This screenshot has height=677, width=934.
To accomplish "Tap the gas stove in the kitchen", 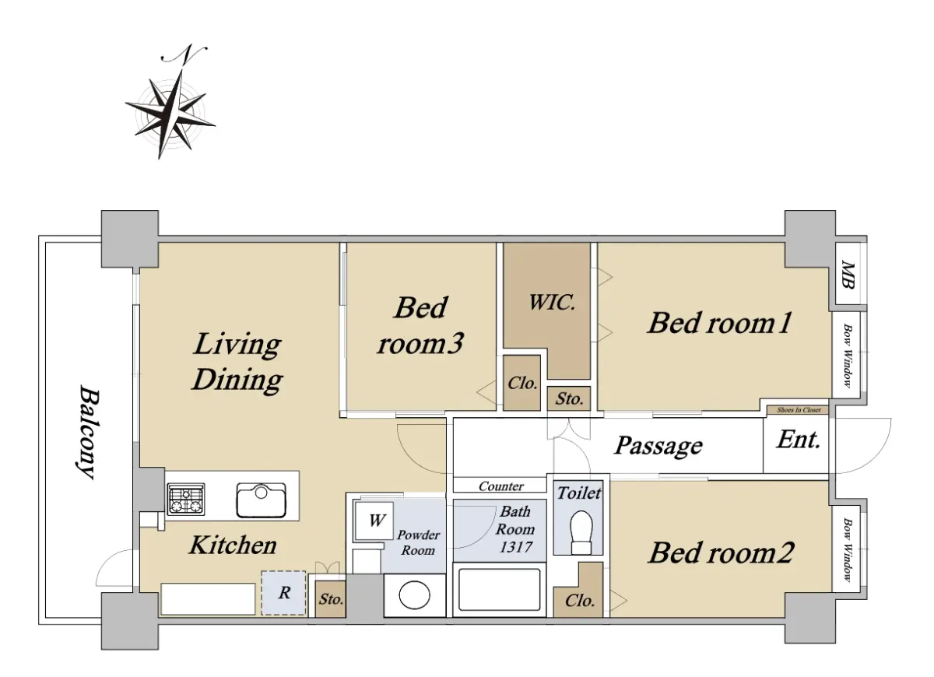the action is pyautogui.click(x=186, y=499).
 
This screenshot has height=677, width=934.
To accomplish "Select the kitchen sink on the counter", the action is pyautogui.click(x=262, y=500).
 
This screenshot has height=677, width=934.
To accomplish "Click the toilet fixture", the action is pyautogui.click(x=581, y=532).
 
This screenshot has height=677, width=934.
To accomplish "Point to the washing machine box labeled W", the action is pyautogui.click(x=374, y=521).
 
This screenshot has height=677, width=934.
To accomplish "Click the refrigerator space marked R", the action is pyautogui.click(x=284, y=593).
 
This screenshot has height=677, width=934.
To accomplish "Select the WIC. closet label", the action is pyautogui.click(x=552, y=302).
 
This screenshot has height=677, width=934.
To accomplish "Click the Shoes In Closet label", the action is pyautogui.click(x=799, y=410).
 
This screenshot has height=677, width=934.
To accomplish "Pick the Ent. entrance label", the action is pyautogui.click(x=798, y=440).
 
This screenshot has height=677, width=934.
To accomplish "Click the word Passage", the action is pyautogui.click(x=658, y=447).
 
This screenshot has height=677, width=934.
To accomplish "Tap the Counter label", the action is pyautogui.click(x=500, y=486).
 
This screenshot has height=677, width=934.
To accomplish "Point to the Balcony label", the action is pyautogui.click(x=89, y=433).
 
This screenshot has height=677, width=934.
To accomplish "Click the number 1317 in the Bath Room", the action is pyautogui.click(x=516, y=547).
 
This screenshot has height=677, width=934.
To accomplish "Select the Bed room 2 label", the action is pyautogui.click(x=721, y=553).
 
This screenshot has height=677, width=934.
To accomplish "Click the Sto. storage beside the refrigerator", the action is pyautogui.click(x=331, y=599).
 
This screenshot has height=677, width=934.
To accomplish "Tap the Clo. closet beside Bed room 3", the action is pyautogui.click(x=522, y=383).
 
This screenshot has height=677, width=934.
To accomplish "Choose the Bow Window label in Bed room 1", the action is pyautogui.click(x=848, y=356).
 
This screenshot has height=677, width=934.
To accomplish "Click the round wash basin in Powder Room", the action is pyautogui.click(x=414, y=595).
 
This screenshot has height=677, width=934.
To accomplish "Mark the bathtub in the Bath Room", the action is pyautogui.click(x=500, y=590).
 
